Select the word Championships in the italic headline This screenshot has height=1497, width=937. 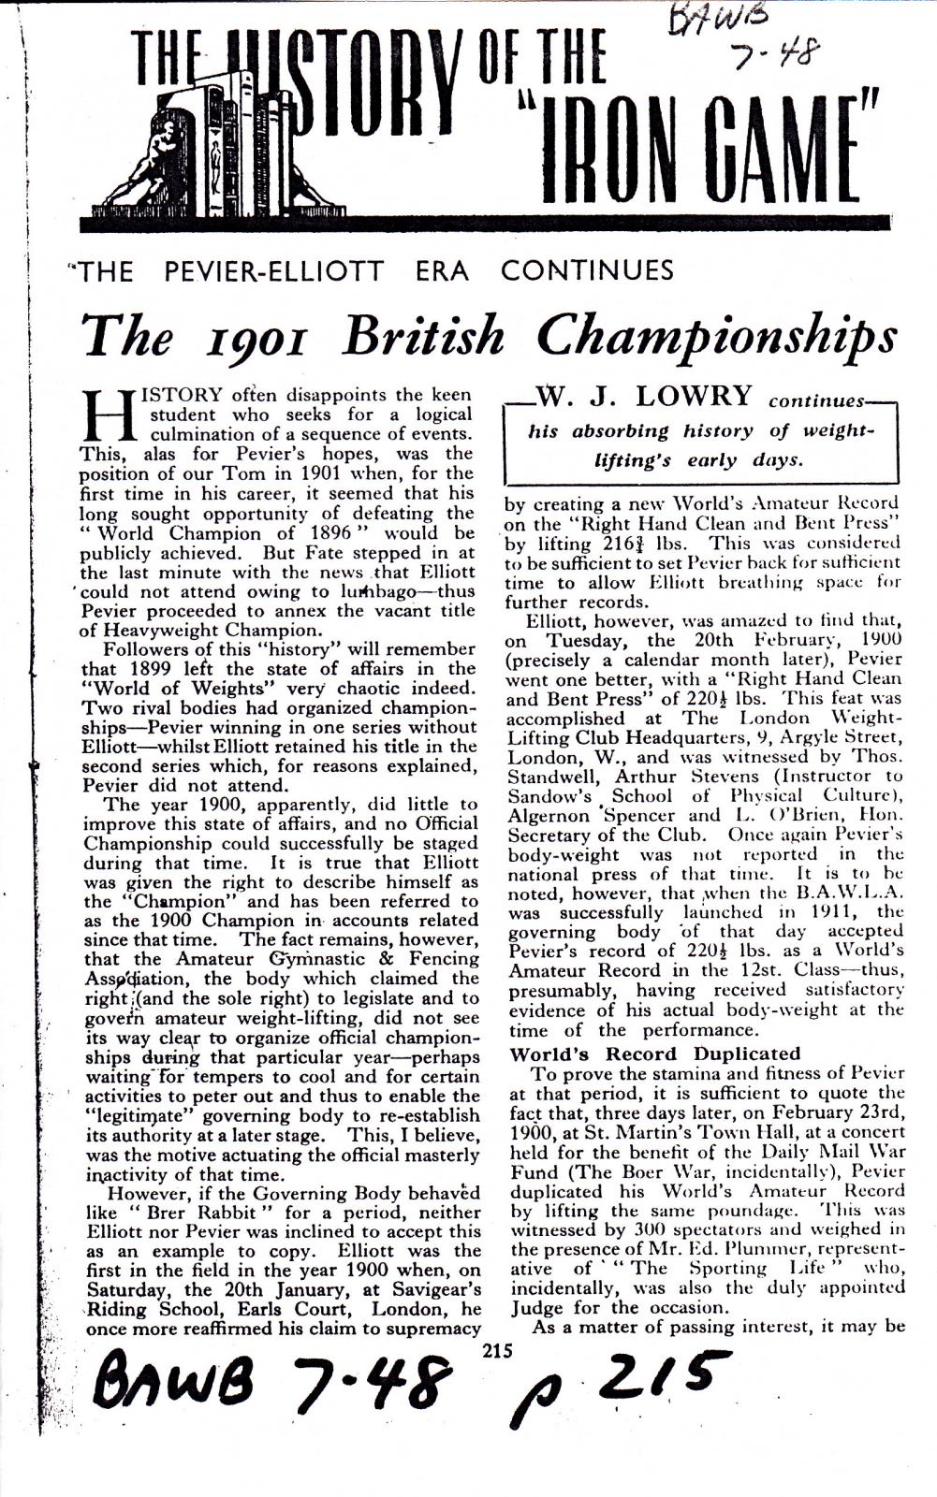pyautogui.click(x=716, y=336)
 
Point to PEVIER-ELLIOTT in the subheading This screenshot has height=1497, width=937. pyautogui.click(x=273, y=271)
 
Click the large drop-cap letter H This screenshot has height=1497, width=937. pyautogui.click(x=104, y=418)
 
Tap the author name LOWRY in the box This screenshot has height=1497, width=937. pyautogui.click(x=694, y=396)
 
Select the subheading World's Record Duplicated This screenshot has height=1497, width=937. pyautogui.click(x=655, y=1054)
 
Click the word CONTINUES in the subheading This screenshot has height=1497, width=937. pyautogui.click(x=587, y=271)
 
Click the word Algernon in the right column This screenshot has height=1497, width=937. pyautogui.click(x=547, y=816)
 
